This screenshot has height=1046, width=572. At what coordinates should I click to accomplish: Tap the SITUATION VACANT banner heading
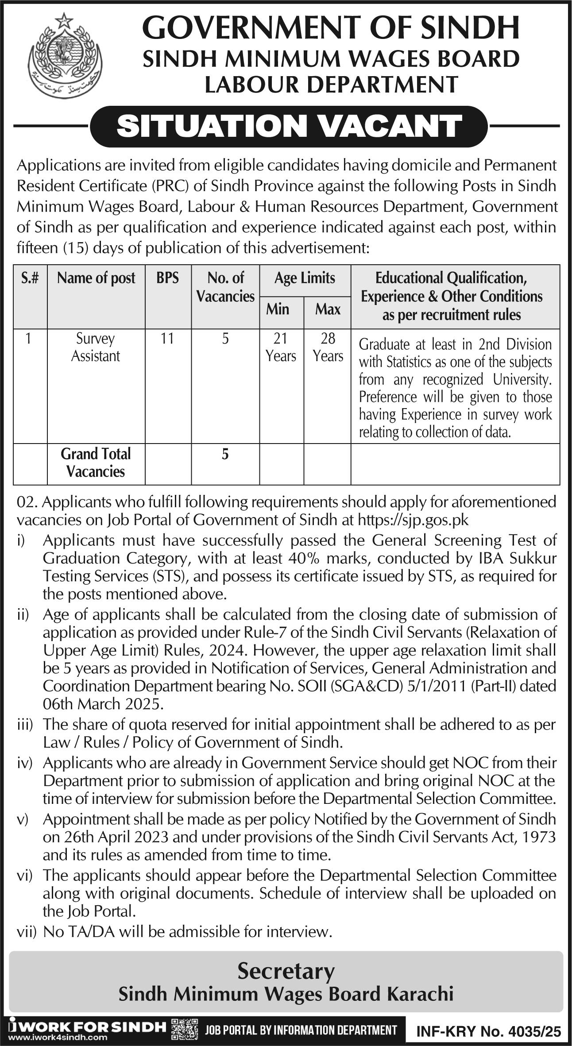pyautogui.click(x=289, y=126)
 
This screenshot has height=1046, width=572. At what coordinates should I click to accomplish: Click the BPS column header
pyautogui.click(x=168, y=278)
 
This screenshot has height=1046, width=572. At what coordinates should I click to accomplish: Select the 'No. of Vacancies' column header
pyautogui.click(x=225, y=287)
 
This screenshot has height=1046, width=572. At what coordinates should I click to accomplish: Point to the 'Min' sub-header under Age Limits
pyautogui.click(x=278, y=309)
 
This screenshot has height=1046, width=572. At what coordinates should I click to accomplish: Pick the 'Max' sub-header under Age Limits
pyautogui.click(x=328, y=309)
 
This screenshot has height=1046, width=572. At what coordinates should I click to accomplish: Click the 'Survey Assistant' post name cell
pyautogui.click(x=96, y=347)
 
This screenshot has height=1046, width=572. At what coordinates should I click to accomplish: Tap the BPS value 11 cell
pyautogui.click(x=167, y=339)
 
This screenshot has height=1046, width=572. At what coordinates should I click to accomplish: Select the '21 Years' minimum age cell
pyautogui.click(x=281, y=347)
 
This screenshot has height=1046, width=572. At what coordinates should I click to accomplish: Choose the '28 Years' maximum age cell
pyautogui.click(x=328, y=347)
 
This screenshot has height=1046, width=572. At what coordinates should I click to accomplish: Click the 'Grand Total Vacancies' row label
pyautogui.click(x=96, y=463)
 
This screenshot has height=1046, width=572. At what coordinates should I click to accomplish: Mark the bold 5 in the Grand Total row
pyautogui.click(x=225, y=454)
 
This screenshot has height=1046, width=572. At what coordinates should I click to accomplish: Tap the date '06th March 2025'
pyautogui.click(x=103, y=704)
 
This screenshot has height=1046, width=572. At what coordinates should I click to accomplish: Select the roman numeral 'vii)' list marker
pyautogui.click(x=26, y=933)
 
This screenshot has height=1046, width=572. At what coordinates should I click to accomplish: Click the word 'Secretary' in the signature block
pyautogui.click(x=286, y=971)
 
